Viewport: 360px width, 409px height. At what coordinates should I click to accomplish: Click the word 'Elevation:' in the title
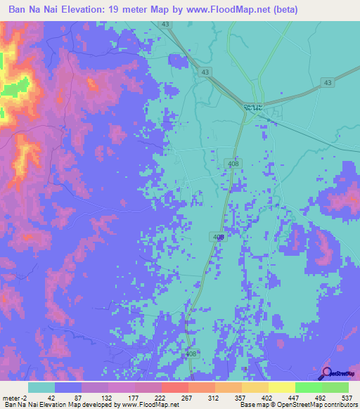89,9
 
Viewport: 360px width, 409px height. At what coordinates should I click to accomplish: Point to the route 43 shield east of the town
327,83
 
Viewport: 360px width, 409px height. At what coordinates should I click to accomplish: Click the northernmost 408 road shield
231,163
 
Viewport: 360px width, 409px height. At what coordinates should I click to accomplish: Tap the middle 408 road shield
219,238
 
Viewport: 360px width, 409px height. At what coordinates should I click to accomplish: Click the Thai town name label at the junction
255,106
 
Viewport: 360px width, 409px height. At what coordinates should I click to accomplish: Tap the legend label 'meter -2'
15,397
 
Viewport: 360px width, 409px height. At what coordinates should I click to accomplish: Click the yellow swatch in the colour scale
282,387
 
